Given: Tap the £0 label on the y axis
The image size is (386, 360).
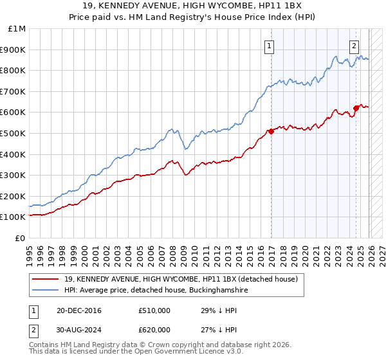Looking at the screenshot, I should click(x=20, y=238).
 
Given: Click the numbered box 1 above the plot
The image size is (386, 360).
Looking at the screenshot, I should click(x=269, y=46).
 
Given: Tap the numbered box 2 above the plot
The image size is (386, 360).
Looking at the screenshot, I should click(x=354, y=46).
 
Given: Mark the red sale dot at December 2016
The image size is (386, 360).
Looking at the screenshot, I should click(x=271, y=131).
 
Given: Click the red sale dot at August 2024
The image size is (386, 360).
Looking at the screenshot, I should click(x=356, y=108).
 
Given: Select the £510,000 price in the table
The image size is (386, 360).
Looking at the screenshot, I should click(x=154, y=310).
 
